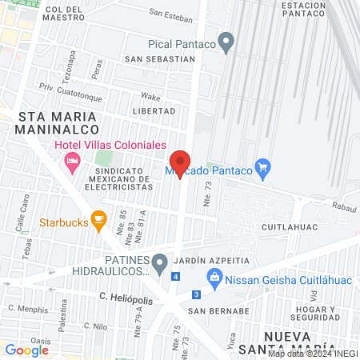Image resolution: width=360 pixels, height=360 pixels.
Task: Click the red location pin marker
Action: [181, 163]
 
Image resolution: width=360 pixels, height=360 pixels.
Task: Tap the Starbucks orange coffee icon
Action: [99, 218]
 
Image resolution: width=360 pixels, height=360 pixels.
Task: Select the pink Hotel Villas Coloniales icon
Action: [72, 162]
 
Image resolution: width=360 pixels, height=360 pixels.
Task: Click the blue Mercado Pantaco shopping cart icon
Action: [262, 168]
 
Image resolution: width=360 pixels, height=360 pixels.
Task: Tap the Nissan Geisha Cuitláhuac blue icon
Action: [214, 277]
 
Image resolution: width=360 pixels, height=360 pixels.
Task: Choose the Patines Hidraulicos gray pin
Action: [160, 262]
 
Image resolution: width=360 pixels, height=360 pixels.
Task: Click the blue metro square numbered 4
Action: [174, 277]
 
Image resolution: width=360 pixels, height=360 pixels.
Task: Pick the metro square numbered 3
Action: [195, 294]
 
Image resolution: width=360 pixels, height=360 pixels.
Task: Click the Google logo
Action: [26, 350]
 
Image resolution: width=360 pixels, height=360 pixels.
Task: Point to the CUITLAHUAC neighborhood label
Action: [291, 227]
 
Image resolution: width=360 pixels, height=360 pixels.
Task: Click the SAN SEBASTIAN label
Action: [159, 58]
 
